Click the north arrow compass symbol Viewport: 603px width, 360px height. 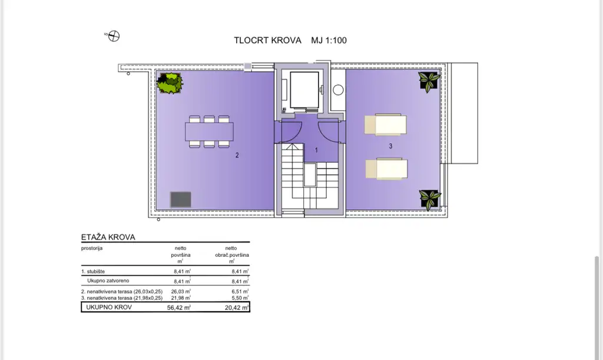tap(114, 36)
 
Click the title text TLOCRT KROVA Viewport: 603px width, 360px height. tap(268, 41)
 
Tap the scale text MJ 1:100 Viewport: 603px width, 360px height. tap(329, 41)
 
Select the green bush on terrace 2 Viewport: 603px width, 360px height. tap(170, 83)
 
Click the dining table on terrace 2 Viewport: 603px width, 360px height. tap(209, 131)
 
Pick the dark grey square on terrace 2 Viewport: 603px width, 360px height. tap(181, 200)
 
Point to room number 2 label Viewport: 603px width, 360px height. tap(237, 155)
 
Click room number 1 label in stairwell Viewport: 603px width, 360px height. tap(316, 150)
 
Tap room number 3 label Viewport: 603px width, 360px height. tap(391, 146)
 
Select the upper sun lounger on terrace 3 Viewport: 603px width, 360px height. tap(385, 124)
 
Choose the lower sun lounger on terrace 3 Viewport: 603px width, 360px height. tap(386, 169)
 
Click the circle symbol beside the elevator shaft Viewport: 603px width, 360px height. tap(338, 90)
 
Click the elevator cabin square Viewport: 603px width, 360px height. tap(304, 90)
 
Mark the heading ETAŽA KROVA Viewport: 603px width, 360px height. tap(108, 237)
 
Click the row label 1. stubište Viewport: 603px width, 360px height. tap(92, 271)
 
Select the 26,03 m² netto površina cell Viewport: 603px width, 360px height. tap(181, 292)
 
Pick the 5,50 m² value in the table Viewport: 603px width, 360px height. tap(240, 298)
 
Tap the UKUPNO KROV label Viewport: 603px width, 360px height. tap(109, 307)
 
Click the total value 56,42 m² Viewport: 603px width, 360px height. tap(179, 308)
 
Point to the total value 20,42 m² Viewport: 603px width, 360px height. tap(237, 308)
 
